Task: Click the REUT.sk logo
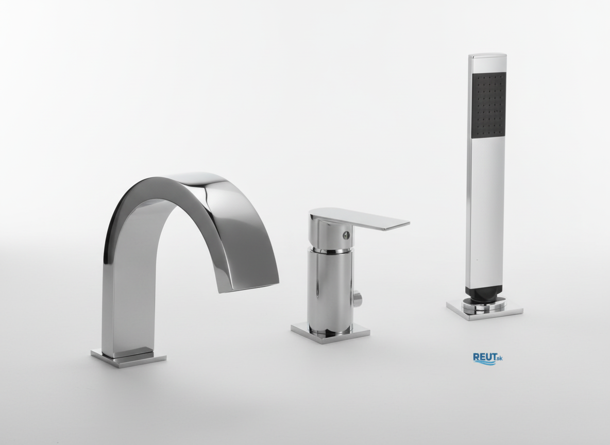(487, 358)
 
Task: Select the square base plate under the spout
(128, 357)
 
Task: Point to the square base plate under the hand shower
(485, 309)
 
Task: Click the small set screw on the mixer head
(346, 234)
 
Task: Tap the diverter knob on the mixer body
(358, 300)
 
